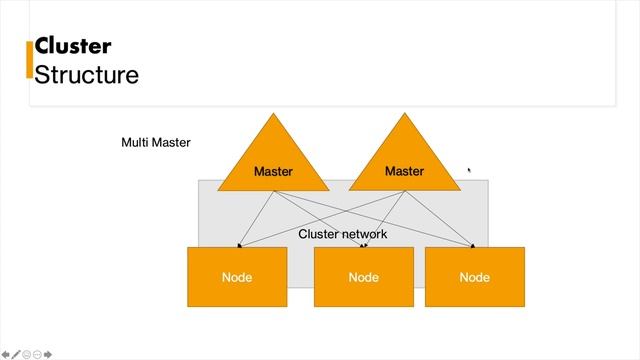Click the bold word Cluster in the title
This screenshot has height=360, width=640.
click(72, 46)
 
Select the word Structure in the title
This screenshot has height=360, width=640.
click(86, 74)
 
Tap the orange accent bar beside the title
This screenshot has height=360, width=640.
click(29, 59)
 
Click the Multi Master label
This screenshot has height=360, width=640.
click(155, 143)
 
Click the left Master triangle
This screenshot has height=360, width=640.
click(273, 160)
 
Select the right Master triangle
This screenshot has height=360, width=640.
click(404, 160)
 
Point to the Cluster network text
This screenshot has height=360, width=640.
click(342, 234)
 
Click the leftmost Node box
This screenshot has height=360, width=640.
click(237, 277)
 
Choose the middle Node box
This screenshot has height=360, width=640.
click(364, 277)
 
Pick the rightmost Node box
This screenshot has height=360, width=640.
click(474, 277)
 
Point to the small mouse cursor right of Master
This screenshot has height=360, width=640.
click(469, 170)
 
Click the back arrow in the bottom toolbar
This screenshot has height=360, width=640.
click(6, 354)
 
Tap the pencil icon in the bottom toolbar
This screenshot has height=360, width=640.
click(16, 354)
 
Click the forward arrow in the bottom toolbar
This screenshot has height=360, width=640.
click(48, 354)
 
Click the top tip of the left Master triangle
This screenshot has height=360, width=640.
click(273, 114)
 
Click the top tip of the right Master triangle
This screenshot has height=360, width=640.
click(404, 114)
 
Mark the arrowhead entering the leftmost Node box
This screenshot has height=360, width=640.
click(238, 245)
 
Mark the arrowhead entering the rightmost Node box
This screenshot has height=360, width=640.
click(472, 245)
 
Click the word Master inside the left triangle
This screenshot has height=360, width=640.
click(273, 172)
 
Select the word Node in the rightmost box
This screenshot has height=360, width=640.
click(474, 277)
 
